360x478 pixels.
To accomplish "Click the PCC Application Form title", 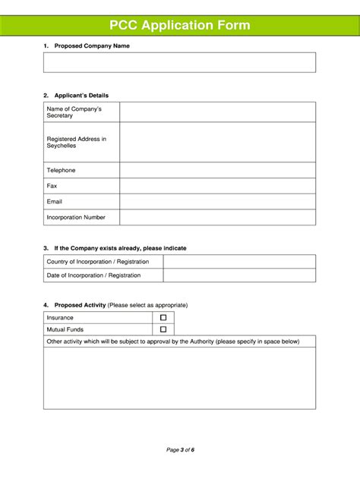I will (x=179, y=26).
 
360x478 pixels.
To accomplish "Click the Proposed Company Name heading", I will (x=92, y=46).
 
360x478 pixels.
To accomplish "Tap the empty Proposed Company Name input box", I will (x=179, y=62).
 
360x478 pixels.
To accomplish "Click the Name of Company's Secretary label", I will (x=74, y=112).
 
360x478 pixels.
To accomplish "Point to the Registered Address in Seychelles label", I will (x=76, y=142).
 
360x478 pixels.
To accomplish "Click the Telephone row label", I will (x=62, y=170).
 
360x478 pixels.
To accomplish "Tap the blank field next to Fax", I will (x=217, y=186).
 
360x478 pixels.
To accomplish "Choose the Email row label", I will (x=55, y=202).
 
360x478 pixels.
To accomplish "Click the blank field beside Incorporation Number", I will (x=217, y=218).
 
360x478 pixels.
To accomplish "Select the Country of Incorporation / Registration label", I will (x=98, y=262).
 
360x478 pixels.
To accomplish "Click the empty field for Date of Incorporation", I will (x=239, y=275).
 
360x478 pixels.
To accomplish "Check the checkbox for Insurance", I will (x=163, y=318).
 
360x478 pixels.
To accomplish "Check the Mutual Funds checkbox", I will (x=163, y=329).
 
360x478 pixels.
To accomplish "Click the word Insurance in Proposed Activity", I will (x=60, y=318).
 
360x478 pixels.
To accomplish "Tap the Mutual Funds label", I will (x=65, y=329).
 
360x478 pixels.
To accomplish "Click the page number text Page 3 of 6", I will (x=181, y=450).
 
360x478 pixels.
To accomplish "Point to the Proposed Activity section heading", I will (x=80, y=305).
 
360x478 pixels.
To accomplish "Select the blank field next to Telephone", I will (x=217, y=170).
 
